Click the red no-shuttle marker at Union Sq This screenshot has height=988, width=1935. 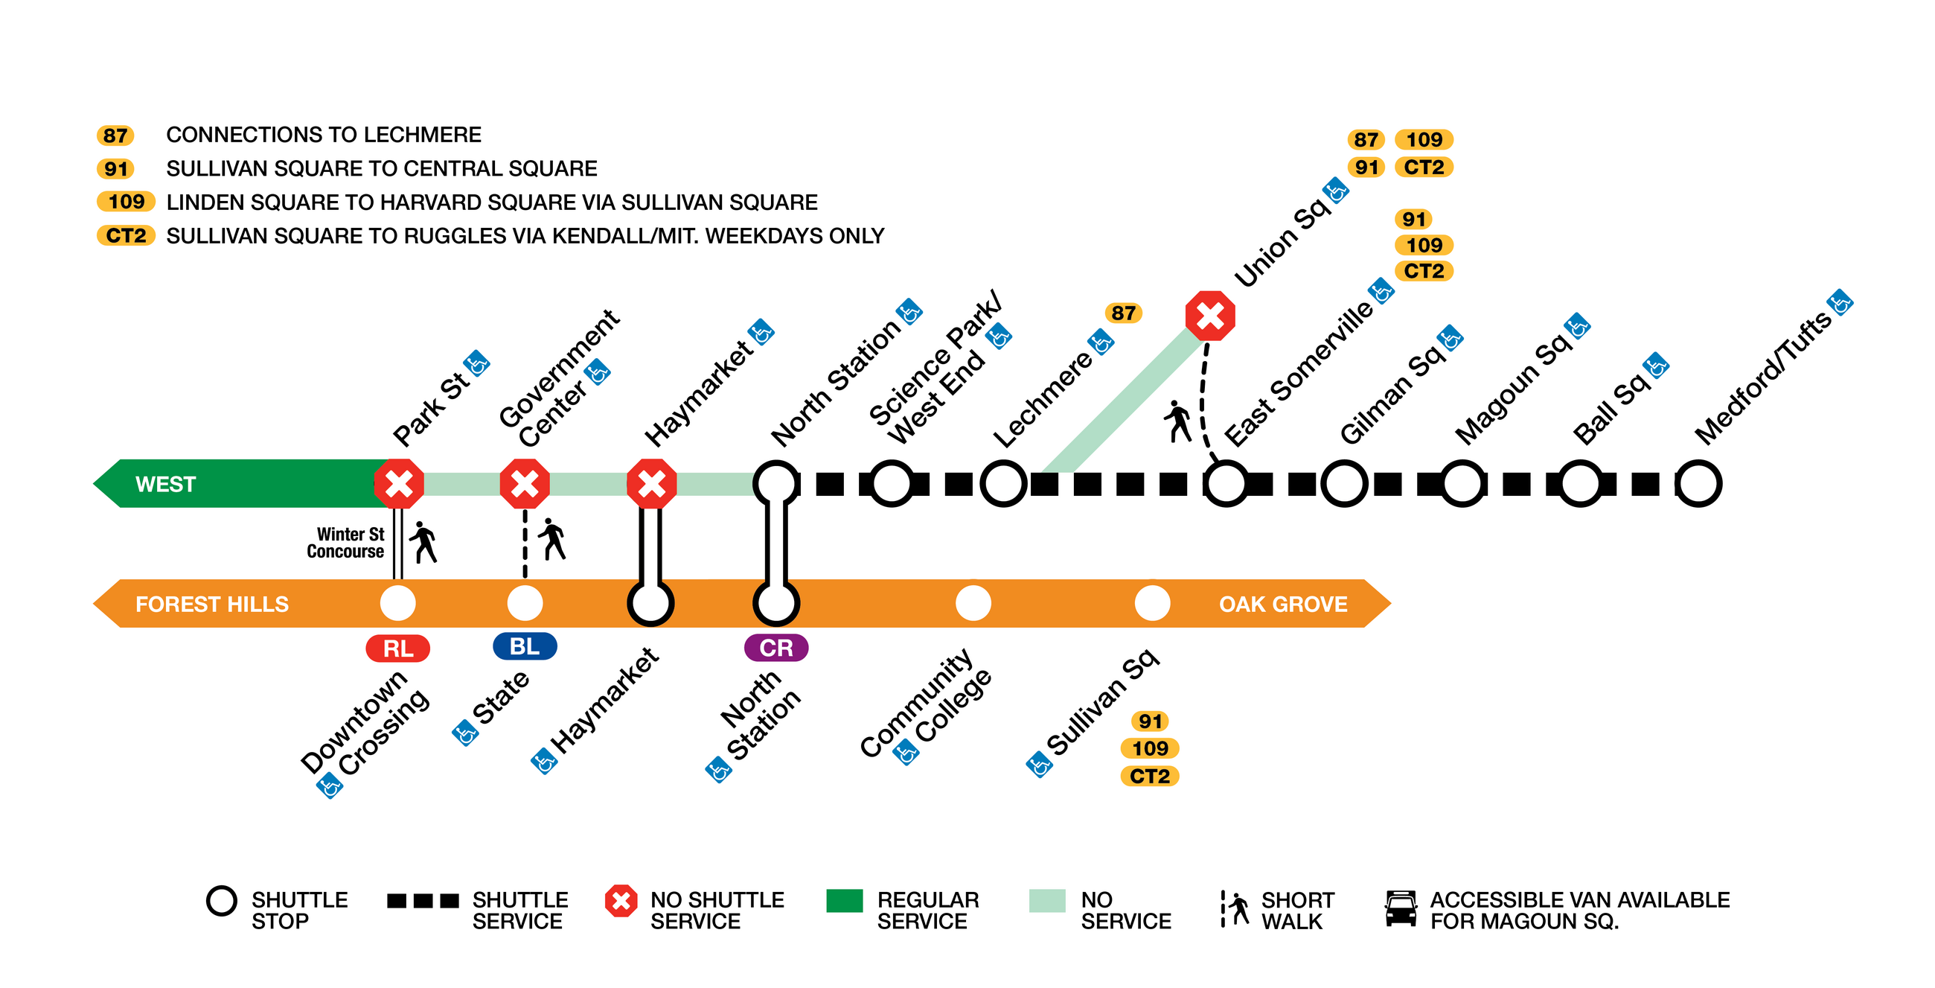[x=1209, y=316]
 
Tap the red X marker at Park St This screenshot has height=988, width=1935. [x=399, y=483]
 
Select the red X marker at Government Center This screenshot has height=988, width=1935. [x=525, y=483]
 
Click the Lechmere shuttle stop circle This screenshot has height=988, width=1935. [x=1003, y=483]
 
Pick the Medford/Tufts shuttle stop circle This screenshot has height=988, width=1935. [x=1698, y=483]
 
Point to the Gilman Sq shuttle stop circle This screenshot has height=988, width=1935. [x=1344, y=483]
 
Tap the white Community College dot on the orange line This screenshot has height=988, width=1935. [x=973, y=602]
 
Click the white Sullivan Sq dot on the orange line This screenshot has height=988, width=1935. [x=1151, y=602]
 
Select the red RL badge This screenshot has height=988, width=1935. [x=398, y=648]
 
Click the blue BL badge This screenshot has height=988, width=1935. [x=525, y=646]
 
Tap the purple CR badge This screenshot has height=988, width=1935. [x=776, y=648]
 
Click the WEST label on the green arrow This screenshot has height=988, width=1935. [x=165, y=484]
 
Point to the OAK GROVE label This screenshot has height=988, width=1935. [x=1283, y=604]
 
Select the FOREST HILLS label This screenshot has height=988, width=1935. [x=212, y=604]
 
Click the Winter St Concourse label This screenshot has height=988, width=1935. [x=345, y=543]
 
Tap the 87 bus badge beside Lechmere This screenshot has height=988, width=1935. [x=1123, y=313]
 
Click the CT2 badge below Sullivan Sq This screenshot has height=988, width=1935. [x=1149, y=775]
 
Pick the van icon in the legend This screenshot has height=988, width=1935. [x=1401, y=908]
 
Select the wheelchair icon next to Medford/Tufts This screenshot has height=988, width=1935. [x=1840, y=303]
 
